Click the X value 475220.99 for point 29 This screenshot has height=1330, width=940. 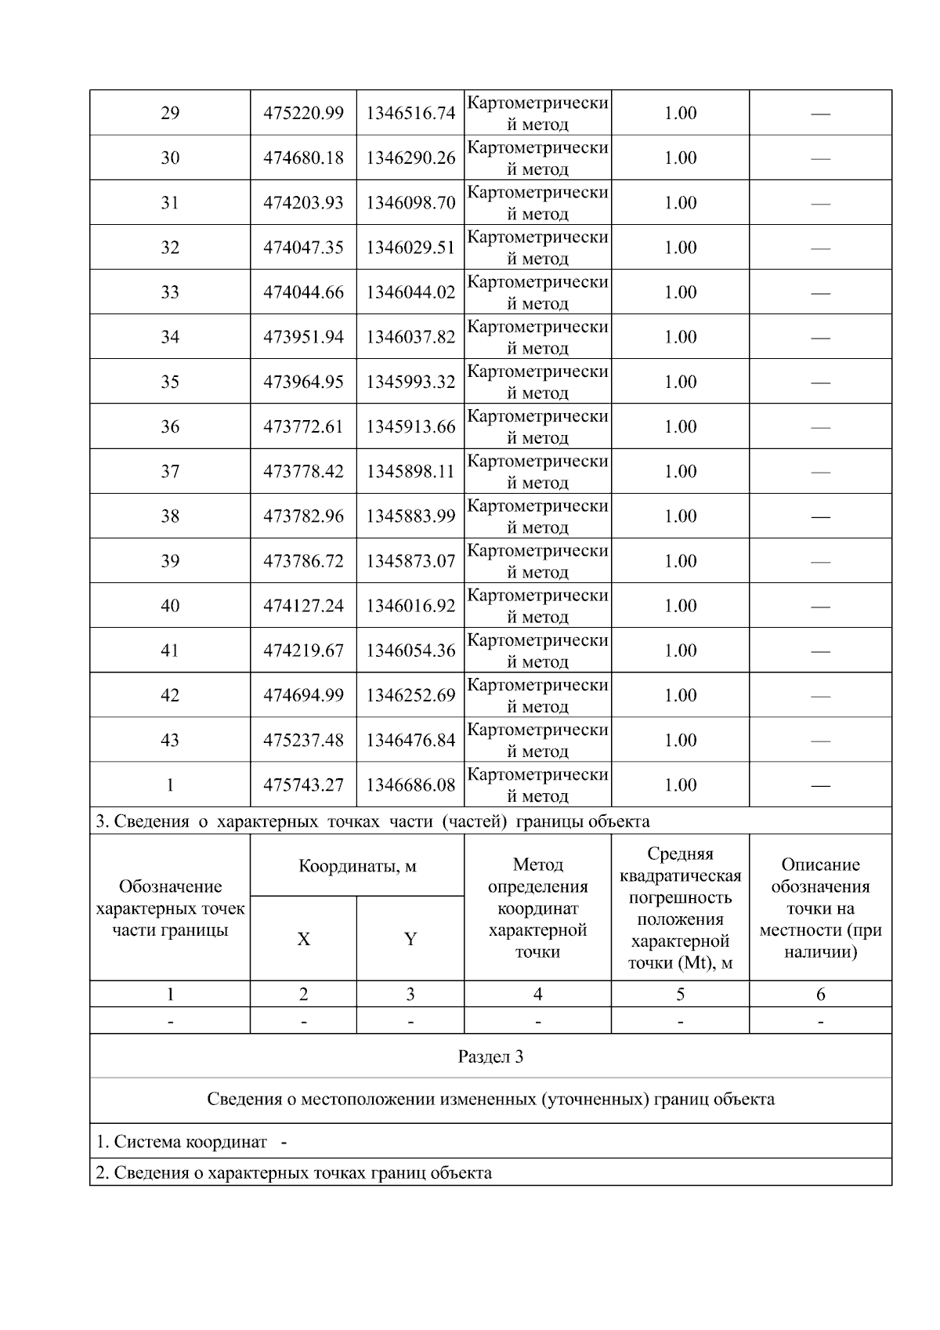pyautogui.click(x=303, y=113)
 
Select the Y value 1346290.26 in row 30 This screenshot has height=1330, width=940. pyautogui.click(x=410, y=158)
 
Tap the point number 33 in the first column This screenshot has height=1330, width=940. pyautogui.click(x=170, y=292)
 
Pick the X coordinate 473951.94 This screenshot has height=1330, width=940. pyautogui.click(x=303, y=337)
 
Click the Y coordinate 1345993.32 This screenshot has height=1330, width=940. pyautogui.click(x=410, y=382)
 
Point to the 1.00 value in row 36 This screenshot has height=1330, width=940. pyautogui.click(x=680, y=426)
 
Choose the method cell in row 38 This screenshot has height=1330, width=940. pyautogui.click(x=537, y=516)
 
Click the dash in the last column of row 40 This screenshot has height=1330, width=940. pyautogui.click(x=820, y=606)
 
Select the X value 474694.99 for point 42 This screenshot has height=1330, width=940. pyautogui.click(x=303, y=695)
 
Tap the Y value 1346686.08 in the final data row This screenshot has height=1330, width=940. pyautogui.click(x=410, y=785)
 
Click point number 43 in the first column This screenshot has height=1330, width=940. pyautogui.click(x=170, y=740)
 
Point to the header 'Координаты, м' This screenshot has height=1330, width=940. pyautogui.click(x=357, y=866)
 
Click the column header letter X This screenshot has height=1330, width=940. pyautogui.click(x=303, y=939)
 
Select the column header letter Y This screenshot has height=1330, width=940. pyautogui.click(x=410, y=939)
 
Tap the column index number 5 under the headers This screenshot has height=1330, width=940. pyautogui.click(x=680, y=994)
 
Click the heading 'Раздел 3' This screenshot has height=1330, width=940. pyautogui.click(x=490, y=1056)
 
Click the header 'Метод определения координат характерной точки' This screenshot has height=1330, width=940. pyautogui.click(x=537, y=908)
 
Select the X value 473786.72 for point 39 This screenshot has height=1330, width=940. pyautogui.click(x=303, y=561)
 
